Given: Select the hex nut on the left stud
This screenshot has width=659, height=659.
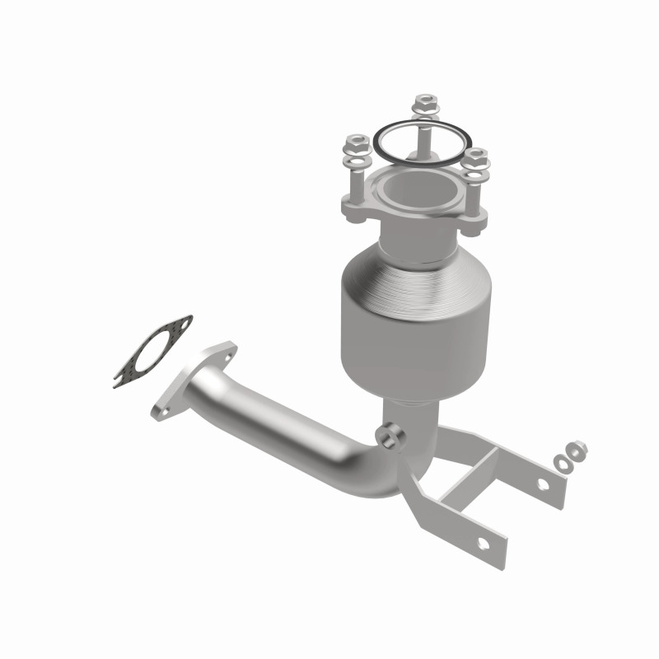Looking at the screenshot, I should (358, 143).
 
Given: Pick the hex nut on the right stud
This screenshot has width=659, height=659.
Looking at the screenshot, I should (475, 154).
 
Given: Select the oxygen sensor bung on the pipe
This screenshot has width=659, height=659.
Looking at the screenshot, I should (390, 432).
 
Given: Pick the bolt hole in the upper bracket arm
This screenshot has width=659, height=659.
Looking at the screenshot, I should (544, 484).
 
